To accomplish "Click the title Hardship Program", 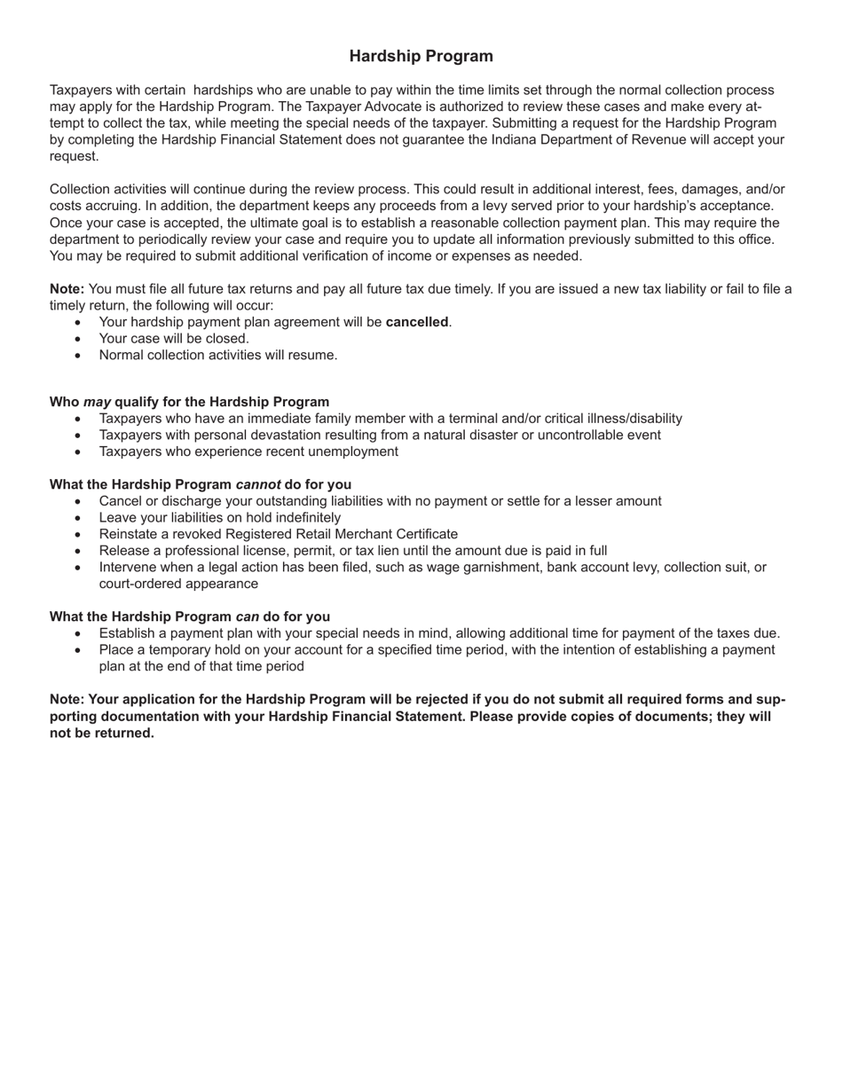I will point(421,57).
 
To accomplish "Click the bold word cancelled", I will point(417,322).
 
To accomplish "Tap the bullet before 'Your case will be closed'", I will point(78,339).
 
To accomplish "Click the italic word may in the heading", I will point(97,402).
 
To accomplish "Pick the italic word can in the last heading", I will point(247,616).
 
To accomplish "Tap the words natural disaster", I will point(475,435).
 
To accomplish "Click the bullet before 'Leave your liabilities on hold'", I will point(78,518).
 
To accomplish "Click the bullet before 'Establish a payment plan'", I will point(78,633).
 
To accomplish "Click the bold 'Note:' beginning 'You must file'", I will point(67,288).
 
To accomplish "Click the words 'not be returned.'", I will point(102,733).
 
